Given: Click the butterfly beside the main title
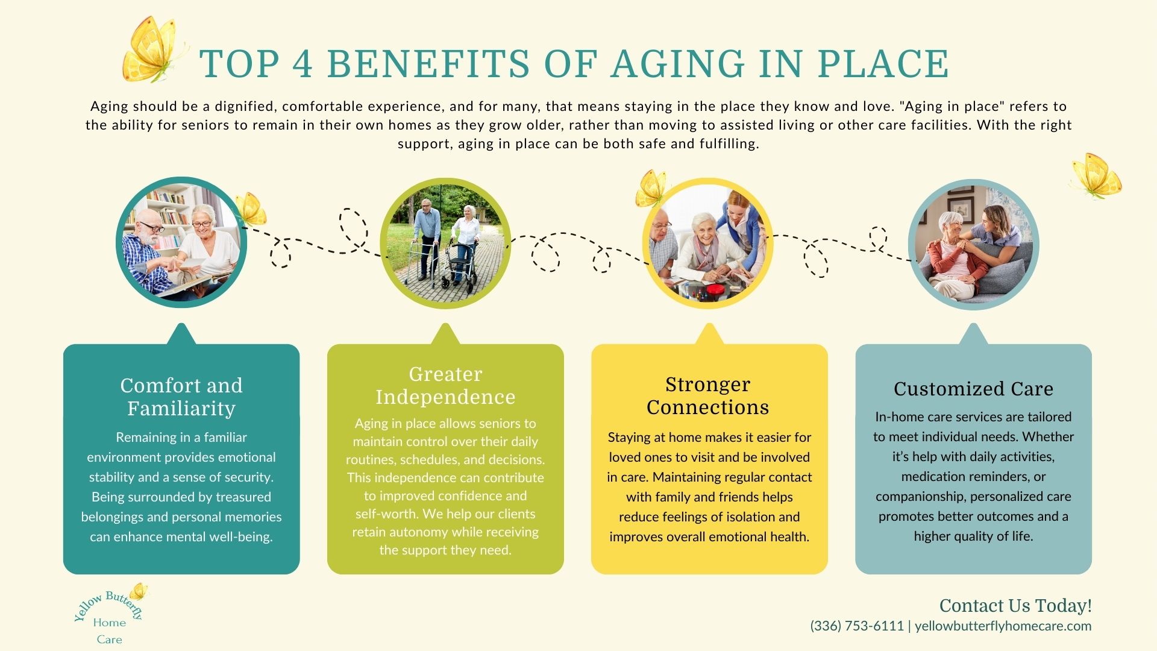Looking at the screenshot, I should click(152, 49).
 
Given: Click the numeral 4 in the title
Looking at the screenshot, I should click(303, 64).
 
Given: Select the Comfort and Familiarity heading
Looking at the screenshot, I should click(181, 397).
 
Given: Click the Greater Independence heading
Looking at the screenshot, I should click(445, 385).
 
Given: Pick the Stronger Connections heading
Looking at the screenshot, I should click(708, 395).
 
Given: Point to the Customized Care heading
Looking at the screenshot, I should click(973, 389).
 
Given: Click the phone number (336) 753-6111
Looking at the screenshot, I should click(857, 626).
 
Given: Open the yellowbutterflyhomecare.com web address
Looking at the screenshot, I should click(1003, 626).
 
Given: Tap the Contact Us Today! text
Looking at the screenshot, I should click(1015, 605).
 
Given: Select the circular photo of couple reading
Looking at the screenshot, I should click(181, 242).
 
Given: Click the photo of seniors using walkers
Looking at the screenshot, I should click(445, 244).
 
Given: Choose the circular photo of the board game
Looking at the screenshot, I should click(708, 244).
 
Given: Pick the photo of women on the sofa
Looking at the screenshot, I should click(973, 245).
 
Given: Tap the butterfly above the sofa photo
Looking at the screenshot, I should click(1096, 175).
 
